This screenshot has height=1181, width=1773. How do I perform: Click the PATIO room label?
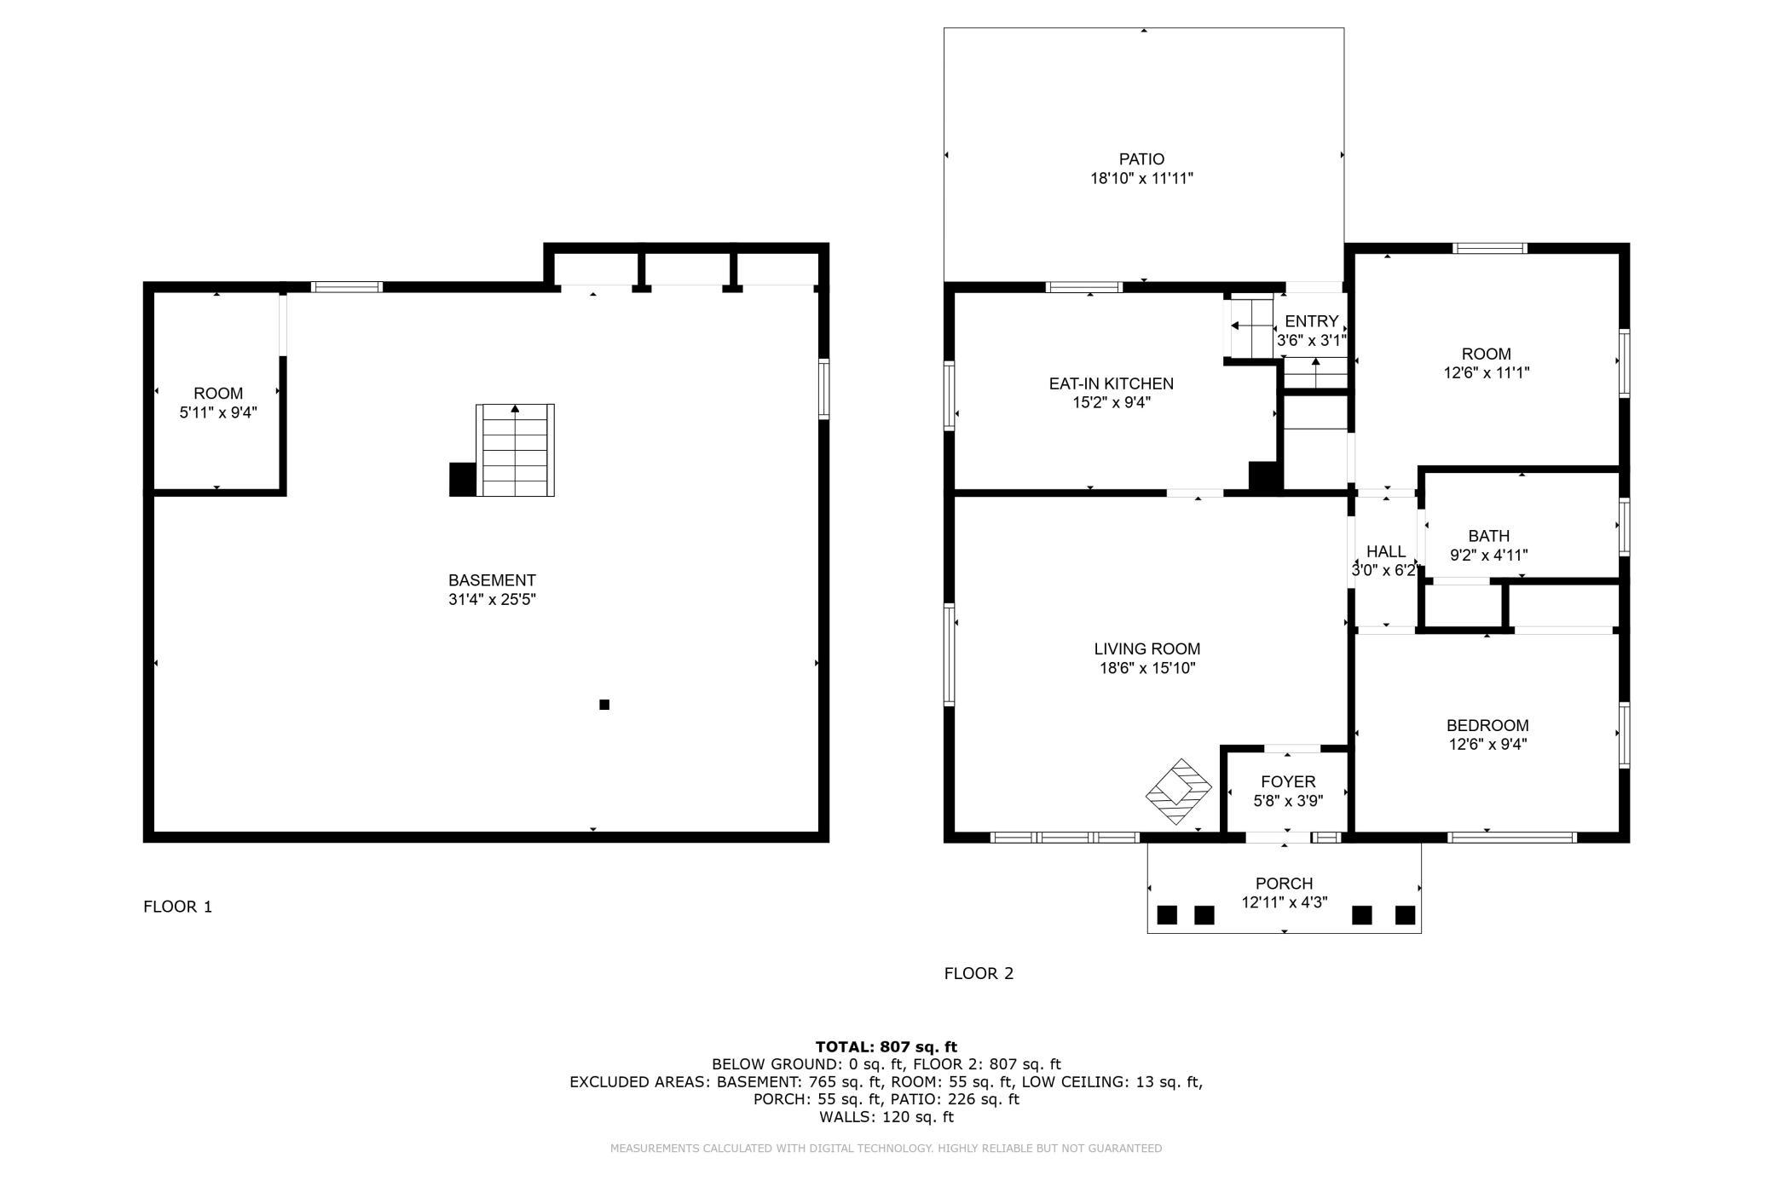coord(1141,159)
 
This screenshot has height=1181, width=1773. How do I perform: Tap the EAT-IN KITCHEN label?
coord(1111,384)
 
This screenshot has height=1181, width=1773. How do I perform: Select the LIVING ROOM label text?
coord(1147,649)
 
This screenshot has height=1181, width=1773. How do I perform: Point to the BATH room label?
coord(1488,536)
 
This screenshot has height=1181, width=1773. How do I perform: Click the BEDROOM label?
coord(1487,725)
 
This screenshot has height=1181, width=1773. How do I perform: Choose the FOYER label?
coord(1288,781)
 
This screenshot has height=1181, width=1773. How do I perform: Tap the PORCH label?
coord(1284,884)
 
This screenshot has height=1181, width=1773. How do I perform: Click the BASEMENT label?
coord(492,580)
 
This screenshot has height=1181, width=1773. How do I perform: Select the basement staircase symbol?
coord(515,450)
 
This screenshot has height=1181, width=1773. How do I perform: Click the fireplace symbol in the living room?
coord(1178,792)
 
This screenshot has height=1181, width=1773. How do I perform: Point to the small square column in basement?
coord(604,705)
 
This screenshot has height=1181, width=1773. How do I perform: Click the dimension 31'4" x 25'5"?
coord(492,600)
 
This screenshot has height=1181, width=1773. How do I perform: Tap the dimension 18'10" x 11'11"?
coord(1141,179)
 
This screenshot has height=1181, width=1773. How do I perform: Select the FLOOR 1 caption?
coord(177,907)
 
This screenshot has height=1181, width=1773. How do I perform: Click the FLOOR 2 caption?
coord(979,973)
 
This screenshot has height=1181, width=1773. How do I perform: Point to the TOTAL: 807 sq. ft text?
coord(886,1047)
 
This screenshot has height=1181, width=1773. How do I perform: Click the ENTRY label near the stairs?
coord(1311,321)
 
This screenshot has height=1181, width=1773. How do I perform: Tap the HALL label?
coord(1385,551)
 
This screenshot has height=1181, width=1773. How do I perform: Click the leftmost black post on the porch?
coord(1167,915)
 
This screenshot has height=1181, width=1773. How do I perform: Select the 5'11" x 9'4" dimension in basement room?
coord(218,412)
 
